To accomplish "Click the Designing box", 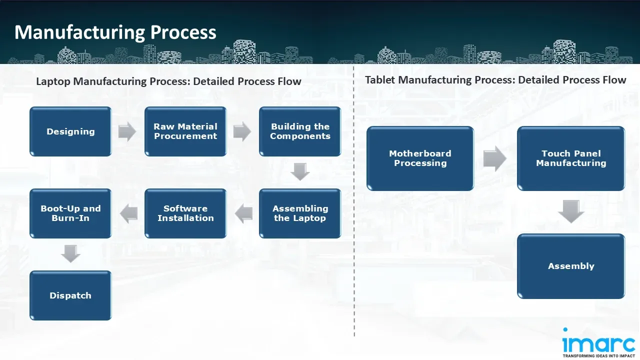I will click(x=70, y=131).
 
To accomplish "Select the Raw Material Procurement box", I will click(x=185, y=131).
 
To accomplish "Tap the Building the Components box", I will click(x=300, y=131).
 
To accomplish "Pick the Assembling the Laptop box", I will click(x=300, y=213).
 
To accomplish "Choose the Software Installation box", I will click(x=185, y=213).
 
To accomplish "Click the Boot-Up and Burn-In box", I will click(x=70, y=213).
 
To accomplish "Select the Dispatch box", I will click(x=70, y=295).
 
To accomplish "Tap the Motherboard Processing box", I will click(x=420, y=158).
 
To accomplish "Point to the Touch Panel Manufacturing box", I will click(x=571, y=158).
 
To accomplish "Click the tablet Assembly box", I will click(x=571, y=266).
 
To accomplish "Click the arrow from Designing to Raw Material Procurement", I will click(x=127, y=131).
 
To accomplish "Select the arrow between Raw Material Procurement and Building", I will click(x=242, y=131).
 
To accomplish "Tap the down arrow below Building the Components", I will click(x=300, y=172).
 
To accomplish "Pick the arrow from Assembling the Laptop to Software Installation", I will click(x=243, y=214).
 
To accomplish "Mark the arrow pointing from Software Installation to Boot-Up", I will click(x=128, y=214).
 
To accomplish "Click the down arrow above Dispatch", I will click(x=70, y=254).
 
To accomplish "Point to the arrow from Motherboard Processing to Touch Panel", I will click(x=495, y=158).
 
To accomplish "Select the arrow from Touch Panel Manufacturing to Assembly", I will click(x=571, y=211).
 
